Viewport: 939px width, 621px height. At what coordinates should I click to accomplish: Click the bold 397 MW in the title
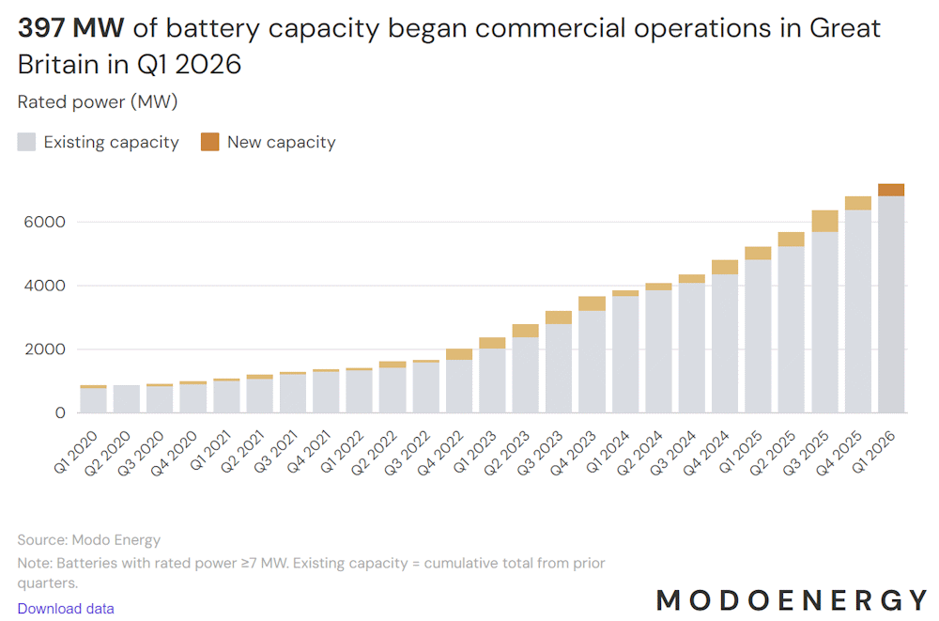click(71, 28)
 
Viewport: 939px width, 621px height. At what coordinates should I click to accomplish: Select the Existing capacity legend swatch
click(26, 143)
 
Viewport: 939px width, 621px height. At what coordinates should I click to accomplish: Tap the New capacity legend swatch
click(209, 143)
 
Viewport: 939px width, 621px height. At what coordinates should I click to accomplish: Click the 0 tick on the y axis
click(60, 412)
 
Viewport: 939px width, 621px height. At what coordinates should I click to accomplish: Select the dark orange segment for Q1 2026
click(891, 190)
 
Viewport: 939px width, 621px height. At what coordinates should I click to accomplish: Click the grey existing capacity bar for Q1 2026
click(891, 304)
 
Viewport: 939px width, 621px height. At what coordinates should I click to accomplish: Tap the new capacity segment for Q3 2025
click(824, 221)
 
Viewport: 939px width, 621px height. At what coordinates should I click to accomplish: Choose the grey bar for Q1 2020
click(93, 400)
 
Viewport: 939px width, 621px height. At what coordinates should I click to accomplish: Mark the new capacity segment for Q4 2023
click(592, 303)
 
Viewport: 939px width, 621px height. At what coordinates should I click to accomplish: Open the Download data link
click(66, 609)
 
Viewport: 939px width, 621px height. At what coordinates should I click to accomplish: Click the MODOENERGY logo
click(792, 599)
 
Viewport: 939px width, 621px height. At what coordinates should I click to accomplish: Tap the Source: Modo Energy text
click(89, 540)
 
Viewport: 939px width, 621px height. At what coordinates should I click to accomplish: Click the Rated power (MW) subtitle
click(98, 101)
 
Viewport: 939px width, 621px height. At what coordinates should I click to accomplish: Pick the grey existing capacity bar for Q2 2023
click(525, 375)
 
